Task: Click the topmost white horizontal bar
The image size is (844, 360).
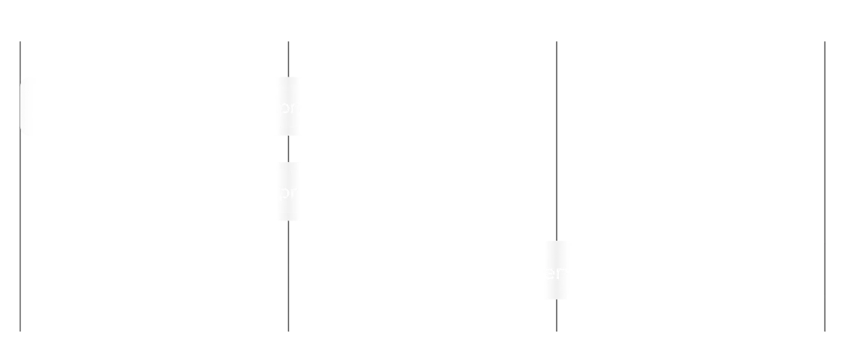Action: pos(150,106)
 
